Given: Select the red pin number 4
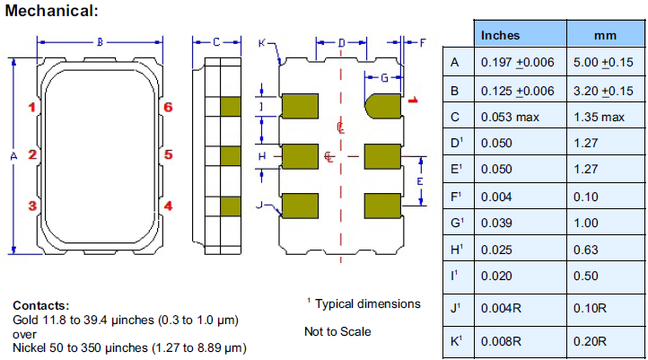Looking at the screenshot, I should pyautogui.click(x=168, y=206).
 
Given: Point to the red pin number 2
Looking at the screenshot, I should pyautogui.click(x=31, y=154).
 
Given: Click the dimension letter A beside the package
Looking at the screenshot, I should pyautogui.click(x=13, y=155).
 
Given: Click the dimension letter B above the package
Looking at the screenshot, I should pyautogui.click(x=101, y=41).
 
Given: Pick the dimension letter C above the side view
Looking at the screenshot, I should pyautogui.click(x=217, y=41).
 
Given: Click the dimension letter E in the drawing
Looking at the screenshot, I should pyautogui.click(x=418, y=181).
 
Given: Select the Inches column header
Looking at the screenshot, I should pyautogui.click(x=500, y=35).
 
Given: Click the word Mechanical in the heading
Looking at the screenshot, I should pyautogui.click(x=48, y=10).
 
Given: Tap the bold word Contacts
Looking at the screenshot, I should pyautogui.click(x=40, y=306).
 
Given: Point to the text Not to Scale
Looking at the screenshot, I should pyautogui.click(x=337, y=331).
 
